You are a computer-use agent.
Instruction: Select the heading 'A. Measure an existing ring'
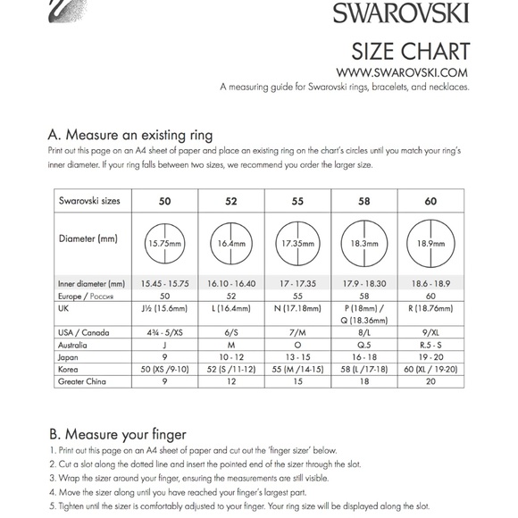[x=129, y=136]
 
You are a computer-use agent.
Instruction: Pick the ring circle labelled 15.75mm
[x=164, y=242]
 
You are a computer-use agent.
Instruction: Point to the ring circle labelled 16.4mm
[x=231, y=242]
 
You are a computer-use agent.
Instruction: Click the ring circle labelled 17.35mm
[x=298, y=242]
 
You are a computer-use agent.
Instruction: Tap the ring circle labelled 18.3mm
[x=364, y=242]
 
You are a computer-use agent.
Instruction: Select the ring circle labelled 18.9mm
[x=431, y=242]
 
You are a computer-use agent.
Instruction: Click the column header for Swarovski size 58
[x=364, y=201]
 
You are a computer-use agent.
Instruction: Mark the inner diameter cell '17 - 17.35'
[x=298, y=283]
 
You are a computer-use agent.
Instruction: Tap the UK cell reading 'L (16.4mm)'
[x=231, y=307]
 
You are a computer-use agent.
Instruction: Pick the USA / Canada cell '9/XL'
[x=431, y=331]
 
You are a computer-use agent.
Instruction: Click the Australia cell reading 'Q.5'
[x=364, y=344]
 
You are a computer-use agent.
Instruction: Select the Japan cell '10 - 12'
[x=231, y=356]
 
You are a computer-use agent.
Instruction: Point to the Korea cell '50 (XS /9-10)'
[x=164, y=369]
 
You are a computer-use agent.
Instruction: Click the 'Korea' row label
[x=71, y=369]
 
